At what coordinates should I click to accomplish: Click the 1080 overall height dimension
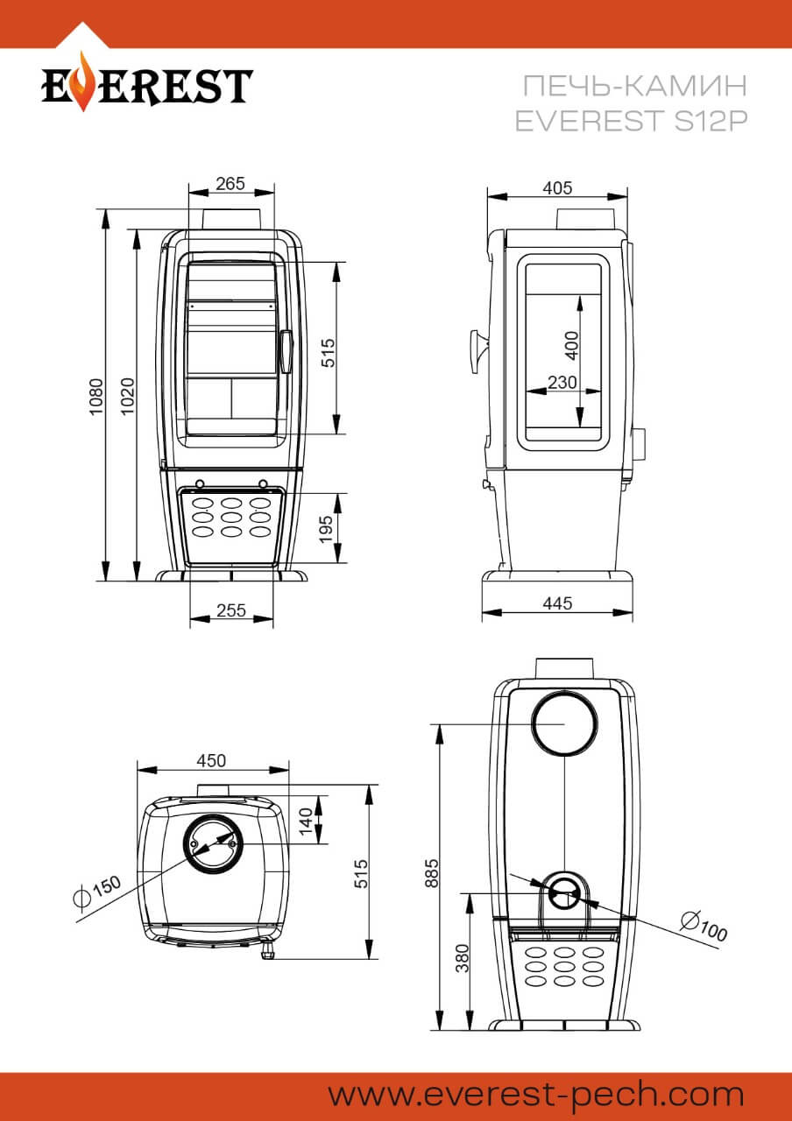click(95, 397)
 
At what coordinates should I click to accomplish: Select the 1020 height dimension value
click(128, 396)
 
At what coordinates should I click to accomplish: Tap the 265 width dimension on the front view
click(230, 184)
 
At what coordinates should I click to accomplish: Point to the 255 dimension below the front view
click(231, 610)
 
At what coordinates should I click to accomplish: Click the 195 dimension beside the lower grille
click(326, 530)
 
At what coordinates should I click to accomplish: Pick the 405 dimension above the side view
click(557, 187)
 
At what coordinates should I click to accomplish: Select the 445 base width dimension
click(557, 603)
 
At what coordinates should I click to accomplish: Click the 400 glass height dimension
click(571, 345)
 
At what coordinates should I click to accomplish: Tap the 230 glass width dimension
click(562, 383)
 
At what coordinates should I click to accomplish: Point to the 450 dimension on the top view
click(211, 761)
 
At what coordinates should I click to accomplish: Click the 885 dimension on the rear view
click(432, 873)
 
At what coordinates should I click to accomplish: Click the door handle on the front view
click(286, 351)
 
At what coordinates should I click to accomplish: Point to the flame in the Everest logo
click(83, 81)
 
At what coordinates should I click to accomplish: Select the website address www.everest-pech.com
click(535, 1096)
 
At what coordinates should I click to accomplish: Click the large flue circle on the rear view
click(564, 723)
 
